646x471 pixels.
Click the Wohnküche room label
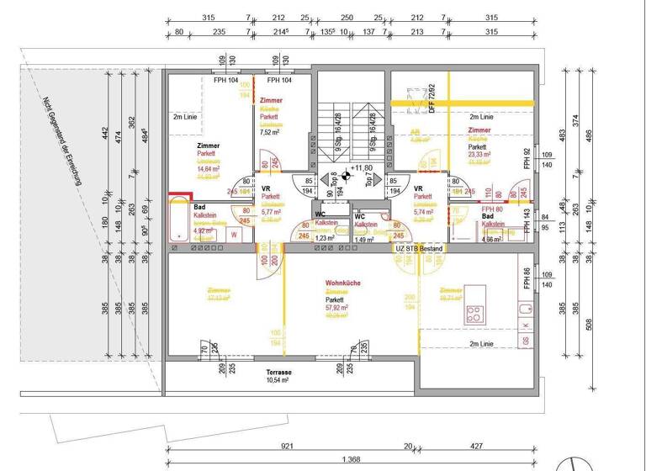point(342,283)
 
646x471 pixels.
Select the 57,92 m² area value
point(338,309)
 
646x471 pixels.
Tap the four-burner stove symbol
point(474,315)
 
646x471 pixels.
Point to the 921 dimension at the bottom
point(286,447)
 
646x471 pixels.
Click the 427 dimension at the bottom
point(475,447)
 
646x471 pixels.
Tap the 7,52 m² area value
point(271,132)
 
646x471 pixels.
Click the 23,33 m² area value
point(480,155)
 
